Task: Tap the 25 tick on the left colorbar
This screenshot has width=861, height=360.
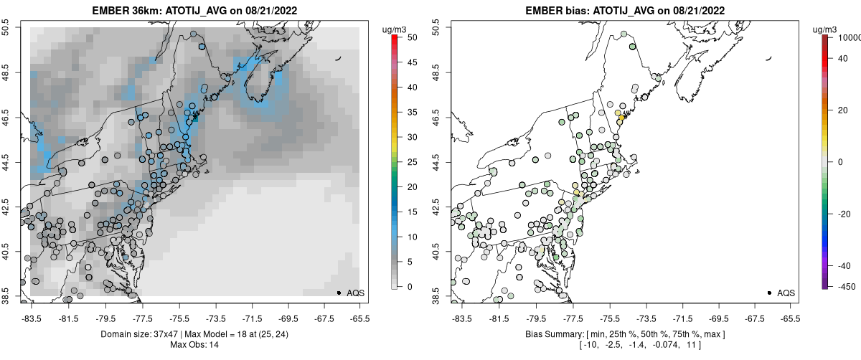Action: (407, 162)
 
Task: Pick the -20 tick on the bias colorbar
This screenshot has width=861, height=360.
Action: (840, 213)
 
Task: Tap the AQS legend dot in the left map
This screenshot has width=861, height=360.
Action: (339, 293)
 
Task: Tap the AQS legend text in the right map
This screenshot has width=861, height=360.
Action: (786, 293)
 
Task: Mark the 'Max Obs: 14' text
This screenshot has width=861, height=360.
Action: (194, 345)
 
